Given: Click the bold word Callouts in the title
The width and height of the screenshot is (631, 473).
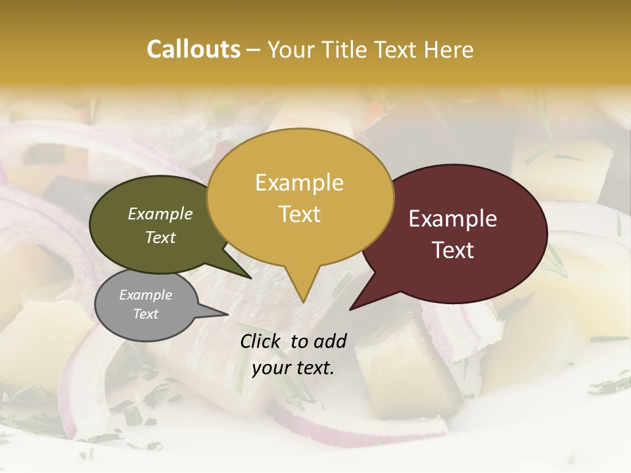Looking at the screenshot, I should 193,49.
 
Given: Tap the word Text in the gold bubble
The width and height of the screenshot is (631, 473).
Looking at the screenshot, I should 299,214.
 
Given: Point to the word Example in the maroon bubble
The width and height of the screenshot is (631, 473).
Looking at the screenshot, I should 453,219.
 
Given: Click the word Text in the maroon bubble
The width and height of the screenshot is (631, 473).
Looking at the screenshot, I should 453,250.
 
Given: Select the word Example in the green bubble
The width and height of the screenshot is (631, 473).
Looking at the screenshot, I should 160,214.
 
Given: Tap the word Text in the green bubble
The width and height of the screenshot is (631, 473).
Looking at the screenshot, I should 160,237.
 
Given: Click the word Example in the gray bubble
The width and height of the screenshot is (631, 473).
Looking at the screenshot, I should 146,295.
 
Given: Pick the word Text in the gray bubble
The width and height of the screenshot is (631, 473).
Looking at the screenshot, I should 146,314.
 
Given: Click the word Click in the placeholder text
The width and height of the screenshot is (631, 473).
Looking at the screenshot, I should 262,341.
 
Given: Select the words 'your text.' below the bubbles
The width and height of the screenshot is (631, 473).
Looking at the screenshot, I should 293,368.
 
